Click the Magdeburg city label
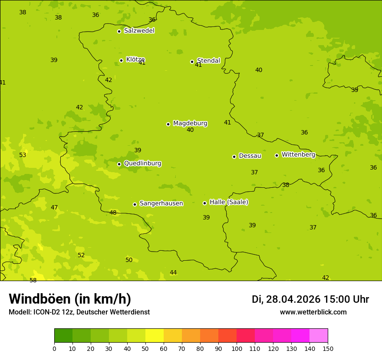point(190,124)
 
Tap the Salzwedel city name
point(139,31)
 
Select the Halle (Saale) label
point(229,202)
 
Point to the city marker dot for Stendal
point(192,62)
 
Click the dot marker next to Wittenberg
point(277,155)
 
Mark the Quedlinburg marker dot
point(119,164)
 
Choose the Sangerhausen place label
point(161,203)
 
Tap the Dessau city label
point(250,156)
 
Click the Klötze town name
point(135,59)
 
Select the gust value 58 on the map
point(33,280)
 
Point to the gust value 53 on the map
point(23,155)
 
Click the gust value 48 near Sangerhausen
point(113,213)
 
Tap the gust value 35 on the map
point(355,90)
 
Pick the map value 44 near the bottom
point(173,272)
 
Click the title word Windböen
point(40,299)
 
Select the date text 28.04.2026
point(293,299)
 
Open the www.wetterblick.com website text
point(313,312)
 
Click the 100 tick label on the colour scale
point(237,348)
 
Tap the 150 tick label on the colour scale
point(328,348)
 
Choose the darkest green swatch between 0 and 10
point(63,335)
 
